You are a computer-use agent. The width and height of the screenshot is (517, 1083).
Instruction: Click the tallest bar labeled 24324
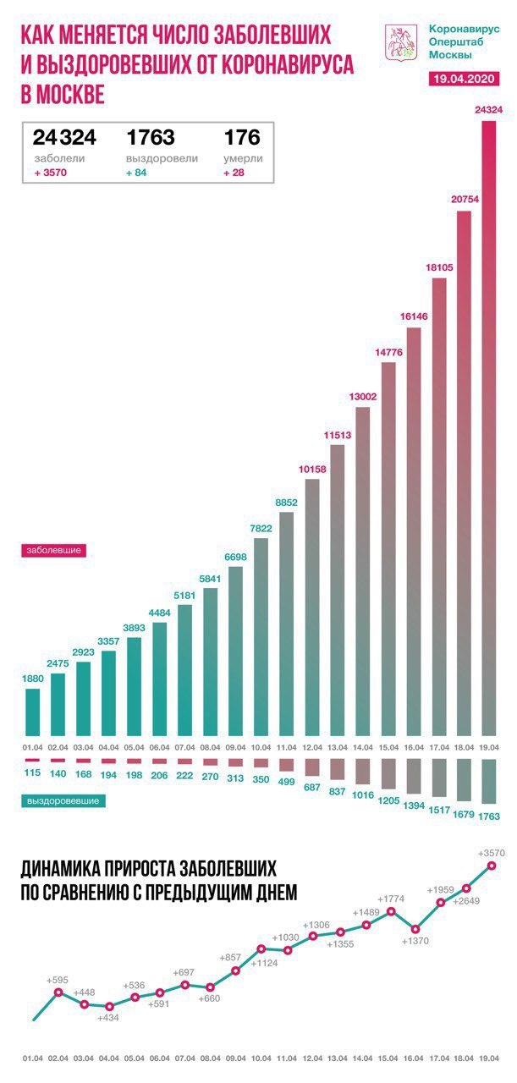tap(489, 423)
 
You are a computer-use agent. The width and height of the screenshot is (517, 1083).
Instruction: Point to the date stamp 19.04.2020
tap(465, 78)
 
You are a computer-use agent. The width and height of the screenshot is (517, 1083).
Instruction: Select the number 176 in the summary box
tap(241, 138)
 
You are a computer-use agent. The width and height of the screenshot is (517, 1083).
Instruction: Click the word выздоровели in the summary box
tap(162, 158)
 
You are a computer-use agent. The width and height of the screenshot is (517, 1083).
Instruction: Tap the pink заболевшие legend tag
tap(52, 549)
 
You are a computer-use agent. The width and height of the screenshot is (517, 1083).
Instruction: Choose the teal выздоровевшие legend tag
tap(63, 800)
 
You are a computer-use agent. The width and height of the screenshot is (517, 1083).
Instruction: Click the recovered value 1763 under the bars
tap(490, 816)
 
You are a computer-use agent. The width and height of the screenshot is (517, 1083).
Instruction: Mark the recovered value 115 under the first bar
tap(33, 773)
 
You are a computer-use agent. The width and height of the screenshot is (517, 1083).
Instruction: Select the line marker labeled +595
tap(58, 992)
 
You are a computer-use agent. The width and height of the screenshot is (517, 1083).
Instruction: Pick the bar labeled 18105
tap(438, 508)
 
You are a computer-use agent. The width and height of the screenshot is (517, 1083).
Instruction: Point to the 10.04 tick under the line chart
tap(261, 1058)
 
